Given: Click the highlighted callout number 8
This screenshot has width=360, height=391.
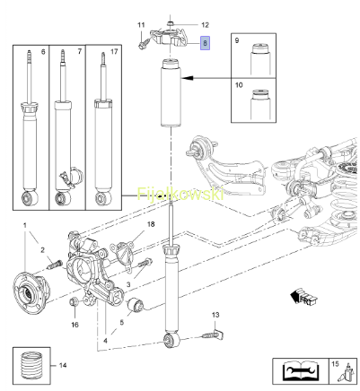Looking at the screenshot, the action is click(205, 43).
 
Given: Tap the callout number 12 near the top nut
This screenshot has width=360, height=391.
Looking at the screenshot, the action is click(205, 25).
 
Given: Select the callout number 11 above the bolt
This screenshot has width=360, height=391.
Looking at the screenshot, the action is click(141, 25).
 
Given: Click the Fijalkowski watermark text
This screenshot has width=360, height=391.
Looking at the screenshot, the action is click(180, 194).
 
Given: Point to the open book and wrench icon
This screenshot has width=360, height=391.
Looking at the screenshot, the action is click(300, 370).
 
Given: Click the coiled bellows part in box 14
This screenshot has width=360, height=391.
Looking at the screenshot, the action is click(31, 366).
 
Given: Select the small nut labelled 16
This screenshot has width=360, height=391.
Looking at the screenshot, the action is click(75, 301).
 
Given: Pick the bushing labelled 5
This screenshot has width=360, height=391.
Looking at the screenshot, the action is click(136, 305).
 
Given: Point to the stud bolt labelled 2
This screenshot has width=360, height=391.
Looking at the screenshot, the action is click(54, 265).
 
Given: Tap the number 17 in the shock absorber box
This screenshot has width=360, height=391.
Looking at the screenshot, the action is click(114, 52).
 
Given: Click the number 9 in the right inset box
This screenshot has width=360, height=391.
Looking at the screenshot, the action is click(237, 40).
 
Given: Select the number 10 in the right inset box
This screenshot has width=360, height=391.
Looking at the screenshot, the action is click(239, 85).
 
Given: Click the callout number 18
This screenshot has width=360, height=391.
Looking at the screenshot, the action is click(151, 224).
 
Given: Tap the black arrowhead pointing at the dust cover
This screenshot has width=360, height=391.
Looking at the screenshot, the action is click(187, 78).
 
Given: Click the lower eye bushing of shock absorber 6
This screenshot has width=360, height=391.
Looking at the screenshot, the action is click(31, 197).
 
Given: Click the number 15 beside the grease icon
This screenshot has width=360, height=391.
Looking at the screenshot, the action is click(335, 364).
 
